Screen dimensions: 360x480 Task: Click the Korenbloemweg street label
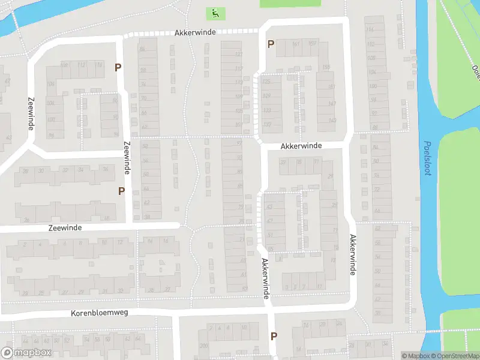100,313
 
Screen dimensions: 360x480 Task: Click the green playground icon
215,13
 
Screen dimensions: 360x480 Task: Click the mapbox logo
26,353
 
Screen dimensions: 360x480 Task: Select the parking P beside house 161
271,44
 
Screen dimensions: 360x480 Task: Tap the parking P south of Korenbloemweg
274,336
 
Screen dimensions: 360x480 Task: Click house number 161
295,44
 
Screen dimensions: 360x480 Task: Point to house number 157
312,44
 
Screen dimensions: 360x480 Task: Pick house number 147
331,104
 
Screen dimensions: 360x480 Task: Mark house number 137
267,125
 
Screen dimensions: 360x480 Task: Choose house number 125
267,82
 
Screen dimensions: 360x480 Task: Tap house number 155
326,67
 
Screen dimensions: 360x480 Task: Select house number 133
267,110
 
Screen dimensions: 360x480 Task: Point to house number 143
331,121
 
